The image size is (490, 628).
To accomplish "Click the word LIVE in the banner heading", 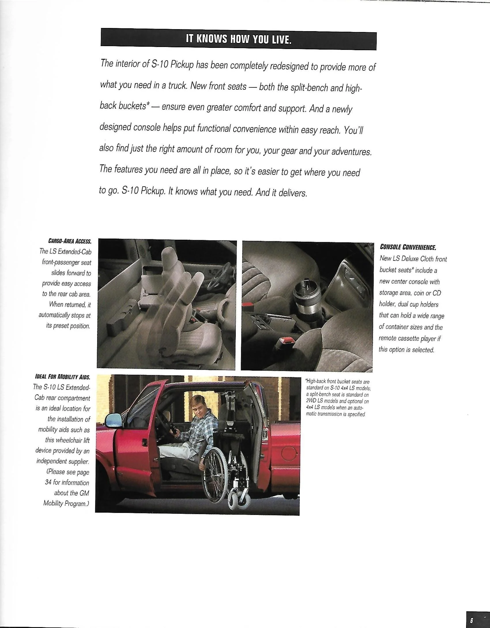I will (x=280, y=40).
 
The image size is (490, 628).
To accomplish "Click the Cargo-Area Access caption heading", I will (x=70, y=241).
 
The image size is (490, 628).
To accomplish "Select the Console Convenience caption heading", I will (x=408, y=247).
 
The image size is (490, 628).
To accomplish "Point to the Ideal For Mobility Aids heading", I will (x=62, y=377).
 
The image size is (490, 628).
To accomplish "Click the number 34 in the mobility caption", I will (x=48, y=482).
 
